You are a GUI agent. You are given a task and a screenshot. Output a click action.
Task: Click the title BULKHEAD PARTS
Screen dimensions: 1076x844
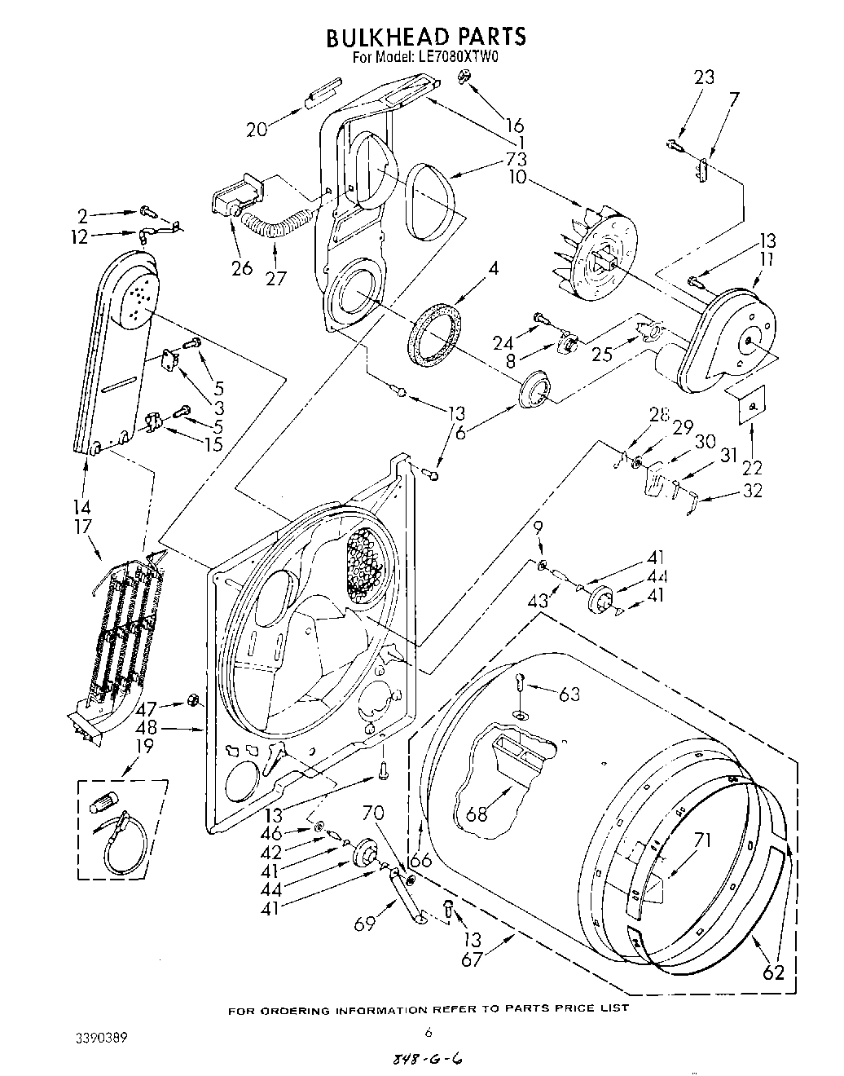point(425,37)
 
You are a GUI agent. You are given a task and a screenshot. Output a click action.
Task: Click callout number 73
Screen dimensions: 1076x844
point(516,159)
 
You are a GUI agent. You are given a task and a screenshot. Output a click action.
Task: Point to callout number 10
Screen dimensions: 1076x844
point(517,177)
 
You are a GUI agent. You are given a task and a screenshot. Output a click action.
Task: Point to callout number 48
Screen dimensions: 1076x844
point(147,729)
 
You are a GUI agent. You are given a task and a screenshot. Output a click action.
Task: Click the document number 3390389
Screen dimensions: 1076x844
point(96,1038)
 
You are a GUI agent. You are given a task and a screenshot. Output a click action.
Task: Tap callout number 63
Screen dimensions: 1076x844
point(569,694)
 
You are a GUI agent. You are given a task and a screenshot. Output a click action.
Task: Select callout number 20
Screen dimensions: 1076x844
point(257,129)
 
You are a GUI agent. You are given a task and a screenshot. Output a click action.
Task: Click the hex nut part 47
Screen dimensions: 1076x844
point(194,699)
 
